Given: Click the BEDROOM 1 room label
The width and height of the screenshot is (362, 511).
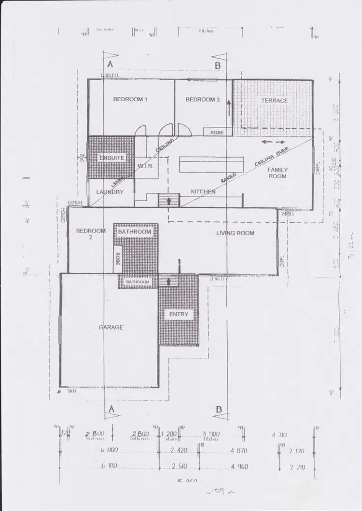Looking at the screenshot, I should [x=130, y=100].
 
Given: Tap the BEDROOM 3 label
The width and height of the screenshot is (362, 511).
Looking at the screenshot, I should [x=203, y=100].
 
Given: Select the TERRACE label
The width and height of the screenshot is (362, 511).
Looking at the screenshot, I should [x=274, y=101].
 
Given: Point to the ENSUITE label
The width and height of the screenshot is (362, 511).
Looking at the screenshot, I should [x=112, y=158].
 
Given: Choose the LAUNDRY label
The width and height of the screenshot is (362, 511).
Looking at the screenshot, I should [x=110, y=192].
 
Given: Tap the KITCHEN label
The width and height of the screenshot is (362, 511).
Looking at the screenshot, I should [x=203, y=192].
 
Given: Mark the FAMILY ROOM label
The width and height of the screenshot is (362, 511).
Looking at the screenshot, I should [x=278, y=173].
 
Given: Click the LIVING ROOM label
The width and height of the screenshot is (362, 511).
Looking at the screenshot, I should [x=235, y=233].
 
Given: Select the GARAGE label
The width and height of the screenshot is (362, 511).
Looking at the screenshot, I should [x=111, y=327].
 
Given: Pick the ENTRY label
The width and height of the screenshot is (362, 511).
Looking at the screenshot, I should [x=178, y=315].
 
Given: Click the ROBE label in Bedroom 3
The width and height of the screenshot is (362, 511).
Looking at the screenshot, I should [x=217, y=132].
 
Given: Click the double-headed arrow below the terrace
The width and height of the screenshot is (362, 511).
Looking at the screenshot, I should [x=273, y=142].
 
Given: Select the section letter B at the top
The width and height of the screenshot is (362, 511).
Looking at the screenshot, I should [x=218, y=65].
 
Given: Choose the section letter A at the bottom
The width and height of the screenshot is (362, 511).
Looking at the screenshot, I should [x=111, y=409].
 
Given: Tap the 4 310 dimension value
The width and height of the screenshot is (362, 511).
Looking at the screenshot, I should [x=279, y=435].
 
